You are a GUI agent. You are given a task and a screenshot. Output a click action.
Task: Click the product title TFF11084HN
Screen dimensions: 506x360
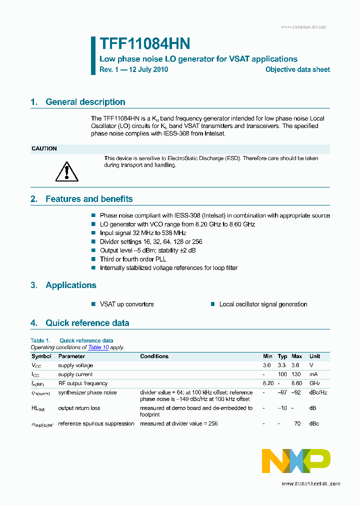[145, 44]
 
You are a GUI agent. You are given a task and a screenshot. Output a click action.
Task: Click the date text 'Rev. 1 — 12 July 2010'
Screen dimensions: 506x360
[133, 70]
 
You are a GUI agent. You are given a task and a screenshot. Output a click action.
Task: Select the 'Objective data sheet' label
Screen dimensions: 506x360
[297, 70]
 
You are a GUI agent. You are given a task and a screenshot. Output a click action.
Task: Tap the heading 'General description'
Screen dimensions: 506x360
[85, 102]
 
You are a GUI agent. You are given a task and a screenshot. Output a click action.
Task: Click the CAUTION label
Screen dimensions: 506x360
[44, 148]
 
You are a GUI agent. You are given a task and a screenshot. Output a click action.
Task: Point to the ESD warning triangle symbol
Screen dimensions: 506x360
[64, 171]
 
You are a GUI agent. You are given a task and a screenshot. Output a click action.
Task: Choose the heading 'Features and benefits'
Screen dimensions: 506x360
[89, 199]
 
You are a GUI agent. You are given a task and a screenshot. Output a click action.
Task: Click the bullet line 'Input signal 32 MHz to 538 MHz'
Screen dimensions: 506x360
[142, 233]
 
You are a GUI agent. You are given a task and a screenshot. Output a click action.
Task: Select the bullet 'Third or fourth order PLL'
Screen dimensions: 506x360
[132, 259]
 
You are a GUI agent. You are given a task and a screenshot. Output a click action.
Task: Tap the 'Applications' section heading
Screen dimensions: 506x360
[70, 285]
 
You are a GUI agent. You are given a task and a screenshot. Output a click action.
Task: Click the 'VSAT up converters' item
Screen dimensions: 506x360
[126, 304]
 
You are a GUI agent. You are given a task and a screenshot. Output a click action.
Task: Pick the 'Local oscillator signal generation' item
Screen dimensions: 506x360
[263, 304]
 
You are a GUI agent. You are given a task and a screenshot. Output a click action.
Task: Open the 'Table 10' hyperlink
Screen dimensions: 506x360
[98, 347]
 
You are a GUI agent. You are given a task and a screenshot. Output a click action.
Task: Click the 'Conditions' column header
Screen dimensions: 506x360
[154, 356]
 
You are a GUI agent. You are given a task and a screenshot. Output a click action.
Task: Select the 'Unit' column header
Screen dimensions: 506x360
[314, 356]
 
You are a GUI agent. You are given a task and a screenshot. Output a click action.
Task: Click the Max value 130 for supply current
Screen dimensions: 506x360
[296, 374]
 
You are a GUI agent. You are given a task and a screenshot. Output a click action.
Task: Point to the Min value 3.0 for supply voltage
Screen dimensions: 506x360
[267, 365]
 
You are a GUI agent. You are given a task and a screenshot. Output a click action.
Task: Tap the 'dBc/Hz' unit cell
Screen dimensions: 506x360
[318, 392]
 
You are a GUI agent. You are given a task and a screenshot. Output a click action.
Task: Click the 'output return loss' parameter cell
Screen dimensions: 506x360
[79, 408]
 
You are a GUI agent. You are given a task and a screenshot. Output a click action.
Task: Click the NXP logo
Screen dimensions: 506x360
[296, 460]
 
